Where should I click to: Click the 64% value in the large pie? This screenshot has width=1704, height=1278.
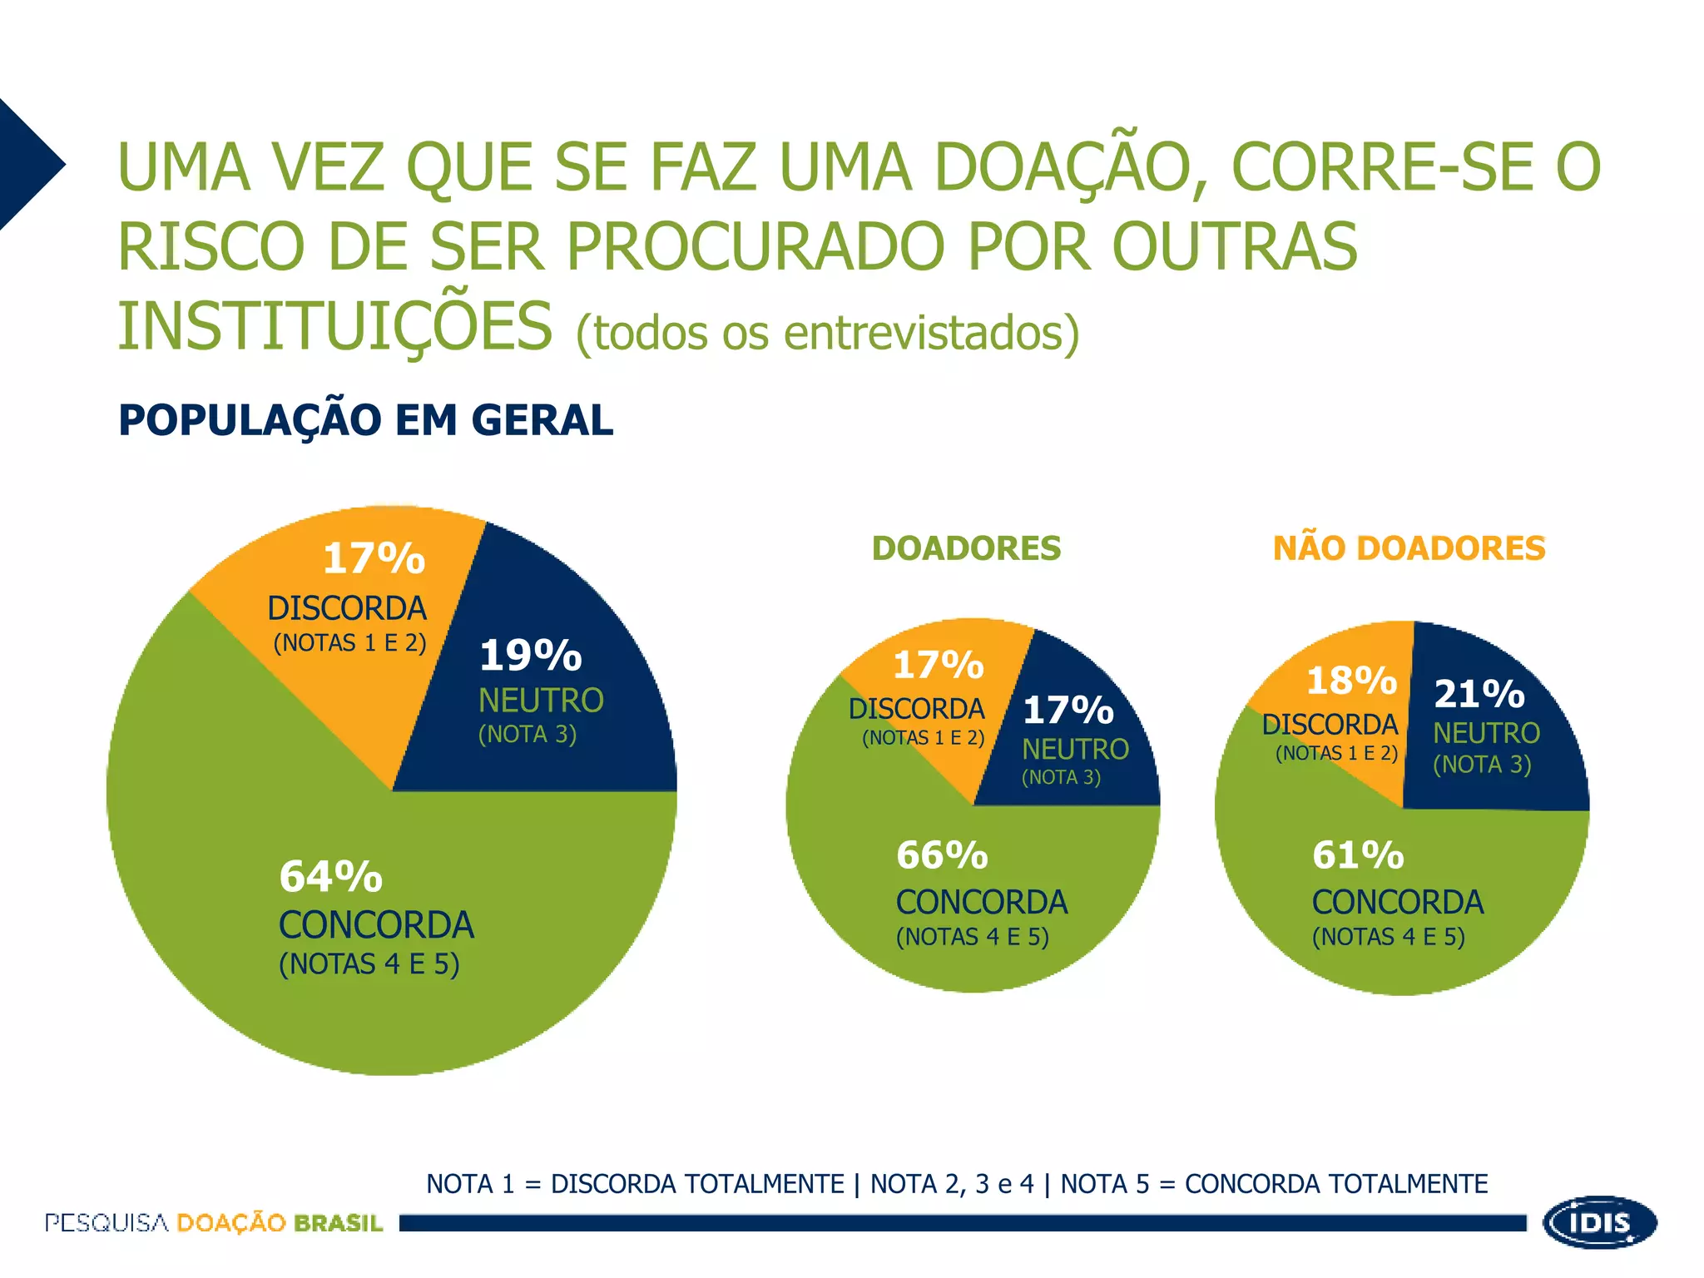tap(331, 876)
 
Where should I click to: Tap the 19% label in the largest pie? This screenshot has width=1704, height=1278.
tap(531, 655)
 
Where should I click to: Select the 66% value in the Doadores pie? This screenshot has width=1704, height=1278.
tap(942, 854)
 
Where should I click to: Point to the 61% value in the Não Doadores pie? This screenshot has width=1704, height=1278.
tap(1358, 854)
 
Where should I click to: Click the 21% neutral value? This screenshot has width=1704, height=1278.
tap(1479, 693)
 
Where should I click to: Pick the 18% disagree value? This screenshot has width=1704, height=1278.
tap(1352, 681)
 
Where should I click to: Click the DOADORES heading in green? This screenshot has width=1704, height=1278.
tap(967, 548)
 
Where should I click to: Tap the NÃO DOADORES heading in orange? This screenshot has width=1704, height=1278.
tap(1409, 547)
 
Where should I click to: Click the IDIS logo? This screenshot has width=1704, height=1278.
tap(1600, 1222)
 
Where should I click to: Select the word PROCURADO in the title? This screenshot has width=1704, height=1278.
tap(757, 246)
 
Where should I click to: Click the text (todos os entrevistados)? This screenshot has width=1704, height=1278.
tap(828, 333)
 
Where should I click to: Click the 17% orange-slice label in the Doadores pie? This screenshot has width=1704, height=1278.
tap(939, 665)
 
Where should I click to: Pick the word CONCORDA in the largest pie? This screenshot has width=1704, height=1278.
tap(376, 925)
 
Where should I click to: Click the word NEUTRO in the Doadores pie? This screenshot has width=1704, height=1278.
tap(1075, 749)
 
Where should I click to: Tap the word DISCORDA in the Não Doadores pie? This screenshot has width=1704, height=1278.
tap(1330, 724)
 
